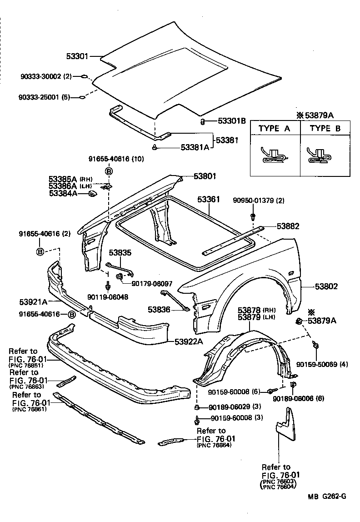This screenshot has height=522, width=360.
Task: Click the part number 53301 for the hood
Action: tap(77, 57)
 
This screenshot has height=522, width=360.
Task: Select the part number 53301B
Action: tap(231, 121)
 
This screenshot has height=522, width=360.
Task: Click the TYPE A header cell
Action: tap(274, 128)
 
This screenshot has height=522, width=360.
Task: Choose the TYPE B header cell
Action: tap(325, 128)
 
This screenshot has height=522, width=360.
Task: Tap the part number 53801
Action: tap(205, 176)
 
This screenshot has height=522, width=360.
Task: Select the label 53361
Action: tap(209, 200)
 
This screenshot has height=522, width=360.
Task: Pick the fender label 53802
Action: tap(325, 286)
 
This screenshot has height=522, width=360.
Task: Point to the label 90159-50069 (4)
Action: tap(322, 364)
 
